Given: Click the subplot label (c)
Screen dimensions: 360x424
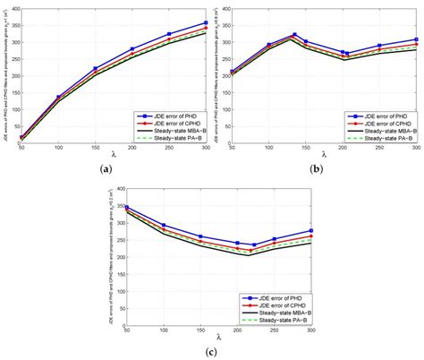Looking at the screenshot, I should coord(212,351).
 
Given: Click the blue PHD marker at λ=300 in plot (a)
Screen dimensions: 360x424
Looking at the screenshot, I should coord(206,22).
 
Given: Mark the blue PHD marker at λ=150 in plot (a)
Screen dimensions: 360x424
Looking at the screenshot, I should coord(95,69).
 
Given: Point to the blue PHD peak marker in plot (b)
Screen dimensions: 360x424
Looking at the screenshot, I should coord(294,35).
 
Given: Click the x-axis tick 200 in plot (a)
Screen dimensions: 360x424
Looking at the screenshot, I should coord(132,148).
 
